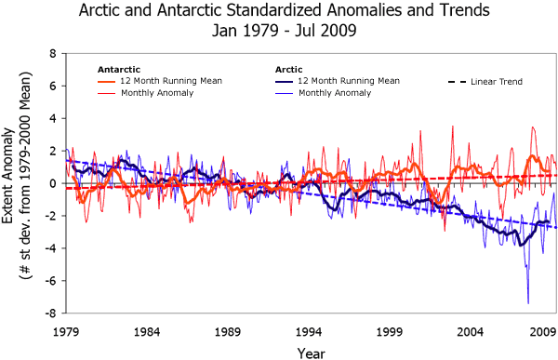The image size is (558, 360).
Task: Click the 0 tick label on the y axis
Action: pos(56,183)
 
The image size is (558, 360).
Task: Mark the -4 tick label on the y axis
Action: pos(54,248)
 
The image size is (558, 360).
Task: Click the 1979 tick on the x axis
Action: pos(65,330)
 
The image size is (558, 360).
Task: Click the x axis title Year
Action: pos(311,351)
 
